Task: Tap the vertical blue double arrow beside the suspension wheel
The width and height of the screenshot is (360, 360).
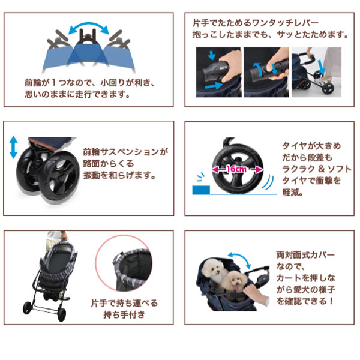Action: (13, 147)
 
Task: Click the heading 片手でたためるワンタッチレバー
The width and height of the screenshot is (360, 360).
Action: (250, 23)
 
